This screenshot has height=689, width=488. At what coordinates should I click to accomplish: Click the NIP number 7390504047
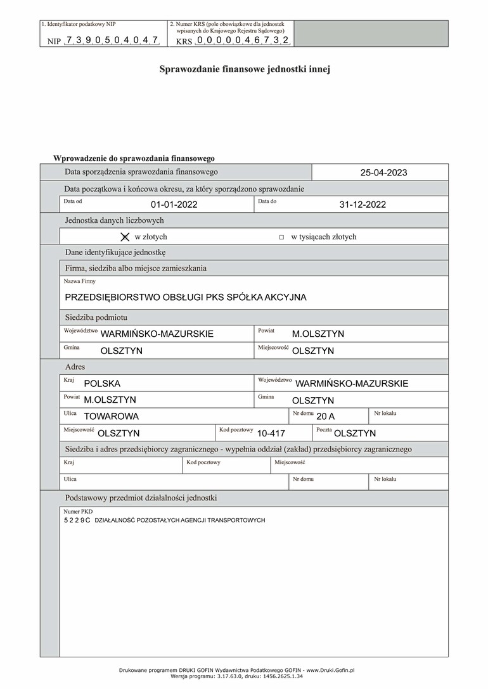[x=112, y=40]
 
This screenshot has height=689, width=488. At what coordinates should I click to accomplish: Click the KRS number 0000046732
[x=243, y=40]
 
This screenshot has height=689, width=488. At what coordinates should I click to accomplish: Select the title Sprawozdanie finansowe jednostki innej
[x=244, y=70]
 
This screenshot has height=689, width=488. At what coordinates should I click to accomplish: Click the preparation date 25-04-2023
[x=383, y=172]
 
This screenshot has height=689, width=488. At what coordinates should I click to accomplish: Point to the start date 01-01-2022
[x=174, y=205]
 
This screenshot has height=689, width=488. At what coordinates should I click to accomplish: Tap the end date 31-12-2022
[x=363, y=205]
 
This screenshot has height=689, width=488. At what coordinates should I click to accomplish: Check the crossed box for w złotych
[x=125, y=237]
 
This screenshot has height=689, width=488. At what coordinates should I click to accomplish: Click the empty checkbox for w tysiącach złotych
[x=281, y=237]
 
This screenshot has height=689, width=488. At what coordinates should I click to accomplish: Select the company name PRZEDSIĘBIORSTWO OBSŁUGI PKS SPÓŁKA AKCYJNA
[x=186, y=297]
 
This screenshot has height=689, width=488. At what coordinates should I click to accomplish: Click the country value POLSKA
[x=102, y=384]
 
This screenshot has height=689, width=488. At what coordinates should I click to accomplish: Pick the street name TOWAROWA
[x=111, y=417]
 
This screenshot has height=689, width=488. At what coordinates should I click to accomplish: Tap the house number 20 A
[x=325, y=417]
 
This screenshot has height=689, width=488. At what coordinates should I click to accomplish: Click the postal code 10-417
[x=271, y=434]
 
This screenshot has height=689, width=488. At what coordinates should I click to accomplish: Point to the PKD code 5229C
[x=77, y=520]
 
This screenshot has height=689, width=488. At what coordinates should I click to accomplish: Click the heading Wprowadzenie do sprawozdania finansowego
[x=134, y=158]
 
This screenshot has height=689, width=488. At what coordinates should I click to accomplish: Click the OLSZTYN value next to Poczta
[x=355, y=434]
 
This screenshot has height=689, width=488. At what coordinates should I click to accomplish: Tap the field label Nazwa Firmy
[x=80, y=281]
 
